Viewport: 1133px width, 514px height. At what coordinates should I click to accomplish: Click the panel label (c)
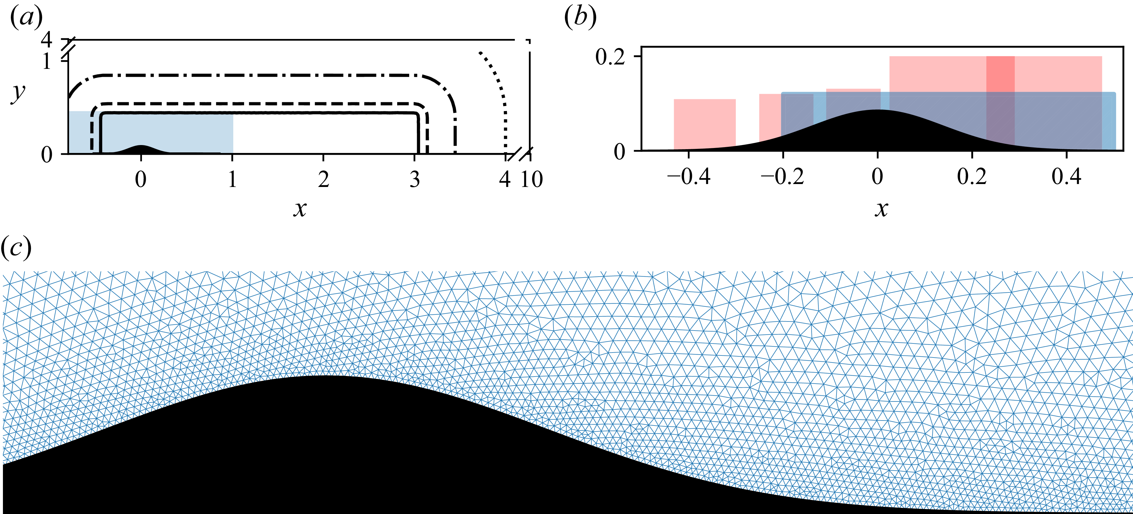tap(16, 248)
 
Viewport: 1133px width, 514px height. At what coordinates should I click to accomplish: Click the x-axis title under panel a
tap(300, 209)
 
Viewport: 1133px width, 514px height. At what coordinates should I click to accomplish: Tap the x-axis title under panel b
tap(881, 209)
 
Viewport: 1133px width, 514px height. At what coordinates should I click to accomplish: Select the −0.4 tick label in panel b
tap(688, 177)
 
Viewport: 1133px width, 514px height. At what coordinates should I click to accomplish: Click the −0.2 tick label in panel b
tap(782, 177)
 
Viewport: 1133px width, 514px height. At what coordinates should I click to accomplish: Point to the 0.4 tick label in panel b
tap(1067, 177)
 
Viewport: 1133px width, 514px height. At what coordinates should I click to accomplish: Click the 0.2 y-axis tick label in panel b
tap(610, 57)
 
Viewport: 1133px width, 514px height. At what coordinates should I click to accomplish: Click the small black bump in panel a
tap(141, 149)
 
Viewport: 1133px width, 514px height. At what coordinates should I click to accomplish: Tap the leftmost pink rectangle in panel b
tap(705, 125)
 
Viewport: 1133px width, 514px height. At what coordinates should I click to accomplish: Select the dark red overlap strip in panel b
tap(1000, 103)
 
